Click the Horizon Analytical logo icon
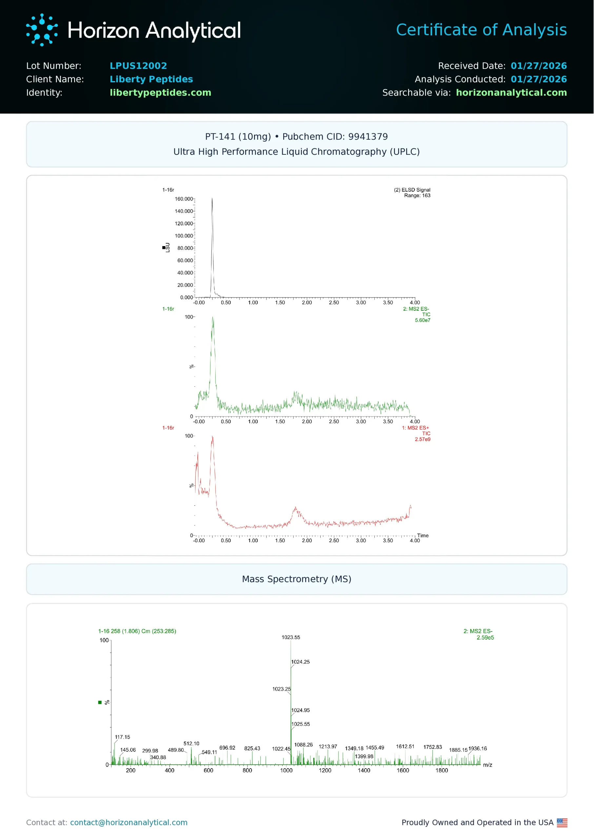click(x=42, y=30)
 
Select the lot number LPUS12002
click(x=138, y=66)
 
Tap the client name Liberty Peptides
click(x=151, y=79)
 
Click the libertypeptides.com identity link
click(x=160, y=92)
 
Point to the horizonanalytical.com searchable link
click(x=511, y=92)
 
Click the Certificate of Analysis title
click(x=481, y=30)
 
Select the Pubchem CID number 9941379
click(x=367, y=137)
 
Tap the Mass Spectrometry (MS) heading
click(x=297, y=579)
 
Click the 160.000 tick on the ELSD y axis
click(x=184, y=199)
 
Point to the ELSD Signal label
click(x=412, y=190)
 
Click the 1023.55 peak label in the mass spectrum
click(x=290, y=637)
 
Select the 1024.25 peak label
click(x=300, y=662)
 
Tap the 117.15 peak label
click(x=122, y=737)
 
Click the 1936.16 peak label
click(x=477, y=748)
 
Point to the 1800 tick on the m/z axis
click(x=442, y=770)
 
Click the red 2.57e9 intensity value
click(x=422, y=439)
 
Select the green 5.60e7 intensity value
click(x=422, y=320)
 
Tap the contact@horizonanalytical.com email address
click(x=129, y=822)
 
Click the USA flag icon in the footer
click(x=562, y=822)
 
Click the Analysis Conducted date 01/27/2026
click(x=538, y=79)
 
